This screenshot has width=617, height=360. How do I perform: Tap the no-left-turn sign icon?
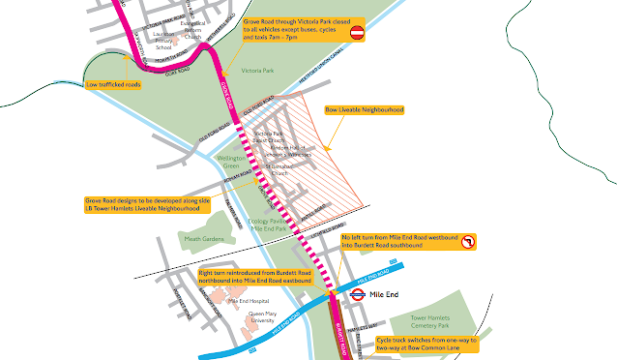pyautogui.click(x=467, y=242)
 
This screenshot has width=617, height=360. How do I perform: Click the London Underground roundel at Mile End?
pyautogui.click(x=356, y=297)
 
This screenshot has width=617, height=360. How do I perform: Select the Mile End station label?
pyautogui.click(x=385, y=295)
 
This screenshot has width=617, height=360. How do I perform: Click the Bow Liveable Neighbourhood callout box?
pyautogui.click(x=364, y=109)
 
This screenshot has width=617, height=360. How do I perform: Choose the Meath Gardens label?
pyautogui.click(x=204, y=238)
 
